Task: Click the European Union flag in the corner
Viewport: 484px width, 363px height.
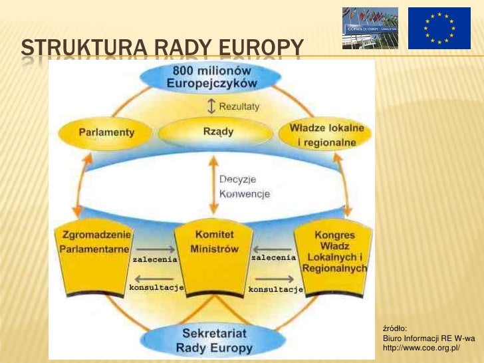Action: [x=439, y=28]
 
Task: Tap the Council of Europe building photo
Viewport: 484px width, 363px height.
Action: [x=370, y=28]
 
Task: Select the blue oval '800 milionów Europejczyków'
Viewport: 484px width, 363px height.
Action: [x=211, y=78]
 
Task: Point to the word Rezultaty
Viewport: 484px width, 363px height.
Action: [x=239, y=106]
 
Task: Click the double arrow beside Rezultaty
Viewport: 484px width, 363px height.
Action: [x=211, y=106]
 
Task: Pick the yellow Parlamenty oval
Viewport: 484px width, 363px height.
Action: [x=106, y=132]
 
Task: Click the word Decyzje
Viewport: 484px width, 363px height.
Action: [x=237, y=180]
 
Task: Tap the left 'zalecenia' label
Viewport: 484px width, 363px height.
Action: [x=154, y=260]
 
